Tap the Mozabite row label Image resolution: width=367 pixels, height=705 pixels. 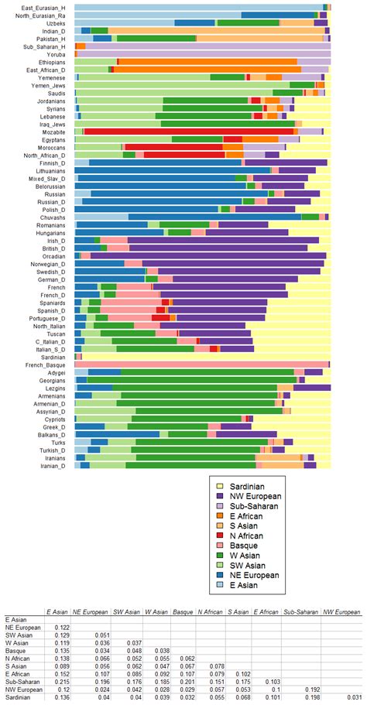click(57, 132)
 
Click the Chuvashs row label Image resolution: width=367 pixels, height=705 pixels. click(56, 217)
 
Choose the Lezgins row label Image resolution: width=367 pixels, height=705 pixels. click(58, 388)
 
